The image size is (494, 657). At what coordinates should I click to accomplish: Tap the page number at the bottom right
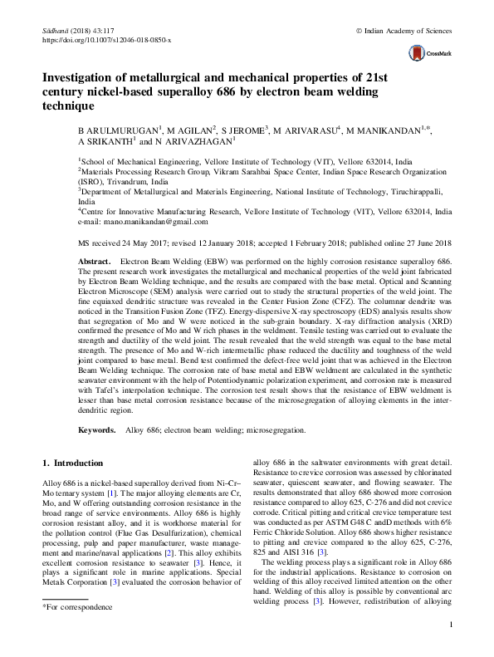(449, 648)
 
